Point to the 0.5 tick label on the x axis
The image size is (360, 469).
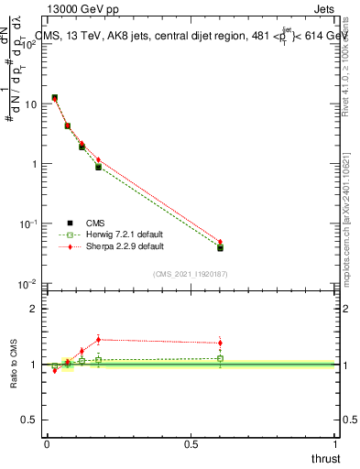(x=191, y=442)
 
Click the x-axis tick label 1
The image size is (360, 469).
(x=335, y=442)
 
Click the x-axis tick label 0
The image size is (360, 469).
(x=47, y=442)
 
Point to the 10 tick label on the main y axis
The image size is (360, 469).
(x=29, y=104)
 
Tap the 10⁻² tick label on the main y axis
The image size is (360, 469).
(x=29, y=284)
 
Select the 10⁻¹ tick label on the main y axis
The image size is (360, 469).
(x=29, y=224)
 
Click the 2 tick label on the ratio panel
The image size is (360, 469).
(x=34, y=309)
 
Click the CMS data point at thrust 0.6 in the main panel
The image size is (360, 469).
(x=220, y=247)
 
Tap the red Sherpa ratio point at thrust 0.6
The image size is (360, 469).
(x=220, y=344)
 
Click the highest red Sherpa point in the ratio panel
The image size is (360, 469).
(x=98, y=339)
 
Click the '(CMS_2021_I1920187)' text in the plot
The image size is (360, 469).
(x=190, y=273)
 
